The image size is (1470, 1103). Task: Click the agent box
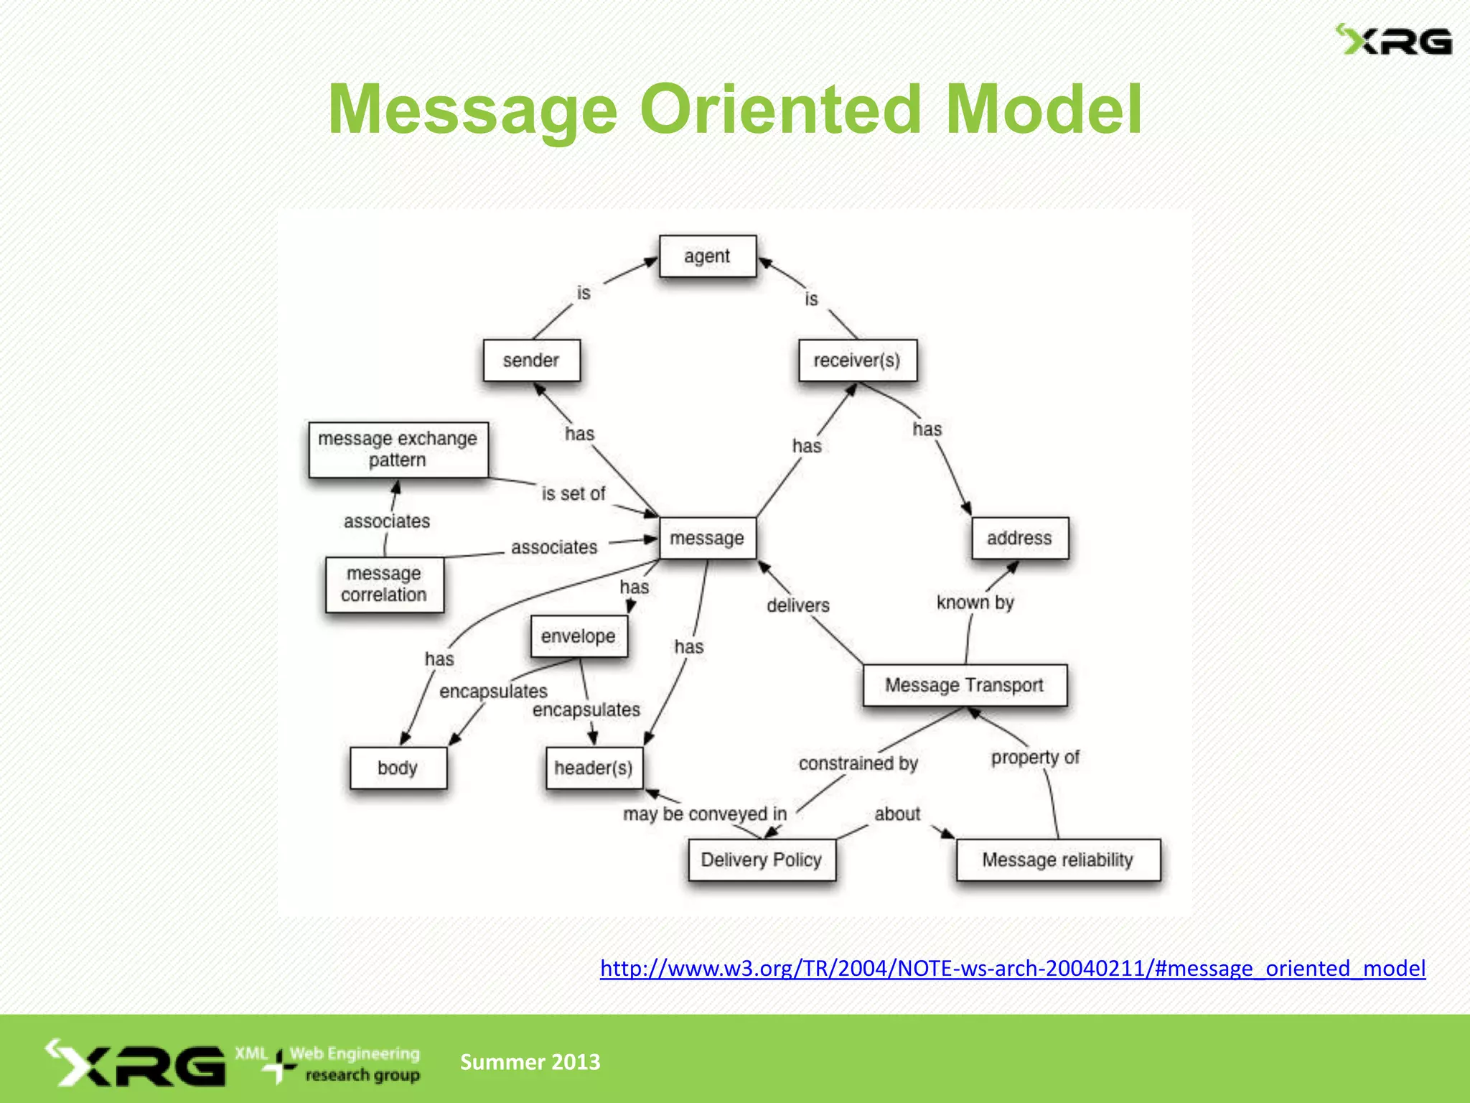[x=707, y=256]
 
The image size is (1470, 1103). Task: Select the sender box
[x=531, y=360]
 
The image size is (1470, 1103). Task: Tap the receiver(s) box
[x=857, y=360]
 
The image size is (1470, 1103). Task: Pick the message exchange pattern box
[x=398, y=450]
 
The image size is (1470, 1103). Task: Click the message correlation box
[x=384, y=585]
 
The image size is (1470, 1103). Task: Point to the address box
[x=1019, y=538]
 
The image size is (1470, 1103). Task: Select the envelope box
[x=579, y=636]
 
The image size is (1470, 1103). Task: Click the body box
[x=398, y=768]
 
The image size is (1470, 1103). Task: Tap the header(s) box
[x=594, y=768]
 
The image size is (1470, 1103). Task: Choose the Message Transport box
[x=964, y=685]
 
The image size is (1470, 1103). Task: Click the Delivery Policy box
[x=762, y=860]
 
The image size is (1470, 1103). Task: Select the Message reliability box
[x=1057, y=860]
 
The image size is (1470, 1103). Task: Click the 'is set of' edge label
[x=574, y=494]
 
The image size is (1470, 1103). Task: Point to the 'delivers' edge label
[x=798, y=605]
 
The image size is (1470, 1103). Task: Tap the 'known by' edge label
[x=975, y=602]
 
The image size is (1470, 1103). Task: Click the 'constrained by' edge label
[x=858, y=763]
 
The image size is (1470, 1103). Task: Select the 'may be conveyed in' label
[x=705, y=814]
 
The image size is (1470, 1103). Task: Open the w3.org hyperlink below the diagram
[x=1013, y=969]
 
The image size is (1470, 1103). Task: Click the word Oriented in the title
[x=780, y=109]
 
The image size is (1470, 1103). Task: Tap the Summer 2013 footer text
[x=530, y=1061]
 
